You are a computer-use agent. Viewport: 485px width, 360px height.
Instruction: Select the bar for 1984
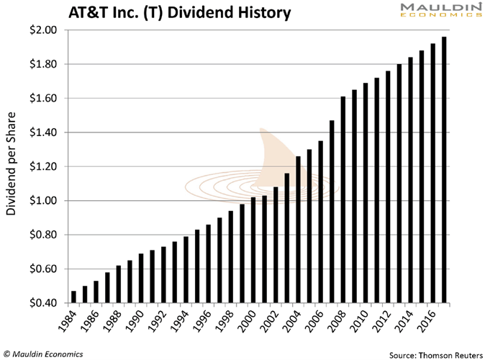click(73, 297)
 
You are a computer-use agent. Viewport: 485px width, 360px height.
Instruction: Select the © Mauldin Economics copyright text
click(43, 354)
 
